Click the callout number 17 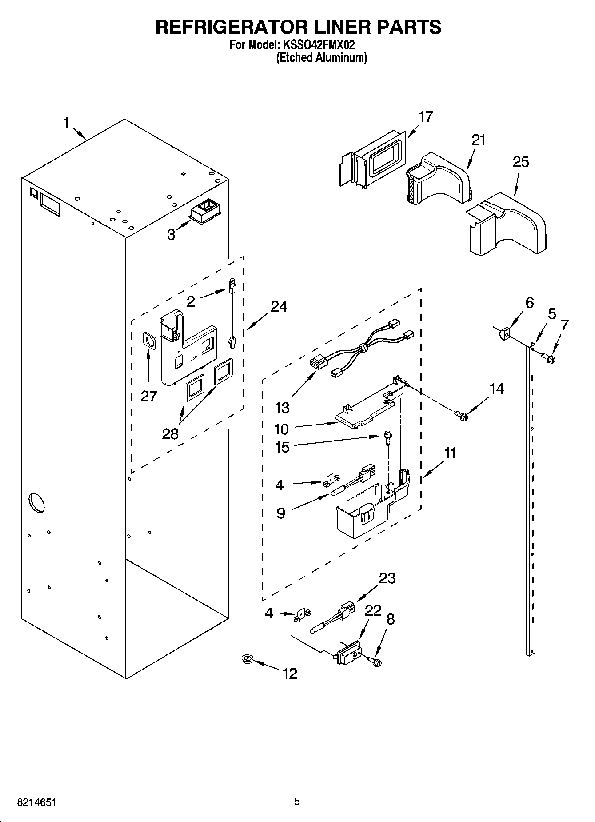coord(425,117)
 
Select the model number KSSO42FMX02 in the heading coord(317,45)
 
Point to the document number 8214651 coord(36,802)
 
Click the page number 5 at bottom coord(297,802)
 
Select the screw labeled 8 coord(376,662)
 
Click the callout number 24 coord(279,306)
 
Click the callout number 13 coord(282,407)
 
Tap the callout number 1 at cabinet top coord(66,123)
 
